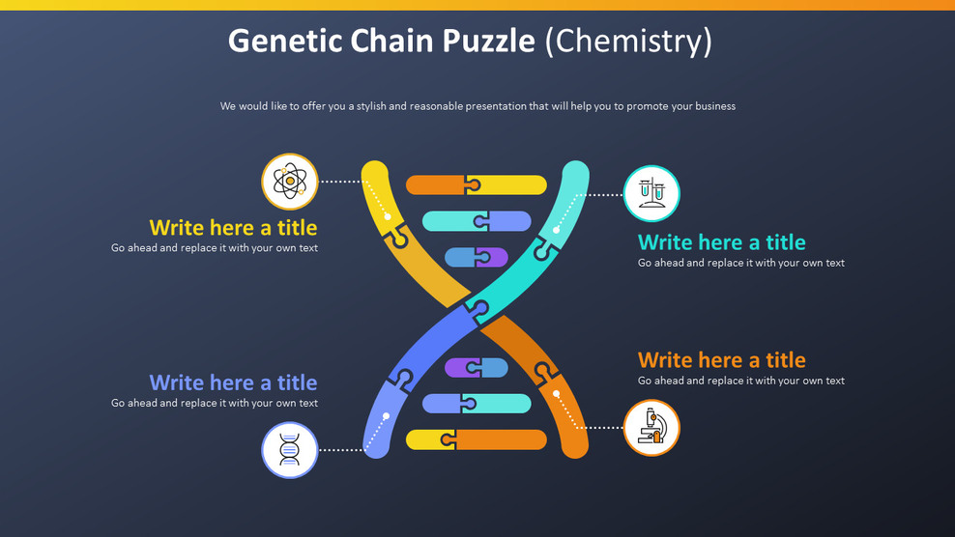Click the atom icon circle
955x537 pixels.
click(x=290, y=182)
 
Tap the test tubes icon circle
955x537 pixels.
click(x=651, y=193)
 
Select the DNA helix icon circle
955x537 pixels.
click(x=290, y=450)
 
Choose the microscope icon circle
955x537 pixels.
click(x=651, y=428)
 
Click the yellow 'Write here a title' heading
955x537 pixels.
click(x=233, y=228)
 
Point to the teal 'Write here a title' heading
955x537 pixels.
click(x=721, y=242)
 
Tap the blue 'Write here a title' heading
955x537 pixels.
click(x=233, y=382)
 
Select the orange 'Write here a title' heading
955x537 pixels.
click(x=721, y=360)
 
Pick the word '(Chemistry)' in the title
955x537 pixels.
click(x=628, y=41)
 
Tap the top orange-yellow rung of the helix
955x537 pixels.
click(x=476, y=184)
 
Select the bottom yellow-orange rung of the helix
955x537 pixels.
click(x=476, y=439)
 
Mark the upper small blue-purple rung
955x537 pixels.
click(x=476, y=257)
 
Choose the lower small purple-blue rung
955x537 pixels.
click(x=476, y=367)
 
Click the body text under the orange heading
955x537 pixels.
click(x=740, y=381)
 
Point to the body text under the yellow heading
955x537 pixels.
click(x=215, y=248)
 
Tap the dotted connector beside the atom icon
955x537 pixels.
click(x=340, y=182)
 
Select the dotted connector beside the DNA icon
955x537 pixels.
click(x=340, y=449)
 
